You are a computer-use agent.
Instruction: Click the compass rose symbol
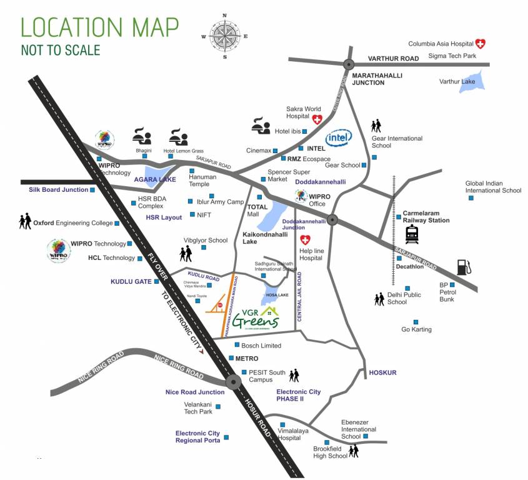[224, 36]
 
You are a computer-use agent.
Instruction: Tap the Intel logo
[339, 137]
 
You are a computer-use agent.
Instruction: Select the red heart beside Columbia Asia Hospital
[480, 44]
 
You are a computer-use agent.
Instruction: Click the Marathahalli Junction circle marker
[348, 63]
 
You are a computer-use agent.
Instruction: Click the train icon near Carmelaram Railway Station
[412, 234]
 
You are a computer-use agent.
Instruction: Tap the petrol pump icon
[463, 267]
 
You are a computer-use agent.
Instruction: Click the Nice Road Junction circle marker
[233, 381]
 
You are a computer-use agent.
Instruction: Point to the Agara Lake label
[155, 179]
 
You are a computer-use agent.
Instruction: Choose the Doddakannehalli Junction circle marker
[332, 219]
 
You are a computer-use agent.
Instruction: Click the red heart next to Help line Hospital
[306, 240]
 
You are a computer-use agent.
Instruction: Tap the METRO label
[247, 358]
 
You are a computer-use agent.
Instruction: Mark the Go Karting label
[416, 329]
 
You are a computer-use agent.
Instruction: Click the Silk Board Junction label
[58, 189]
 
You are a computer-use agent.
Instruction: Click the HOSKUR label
[382, 372]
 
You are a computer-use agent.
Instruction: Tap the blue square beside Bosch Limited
[236, 345]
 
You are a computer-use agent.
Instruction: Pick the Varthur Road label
[393, 58]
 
